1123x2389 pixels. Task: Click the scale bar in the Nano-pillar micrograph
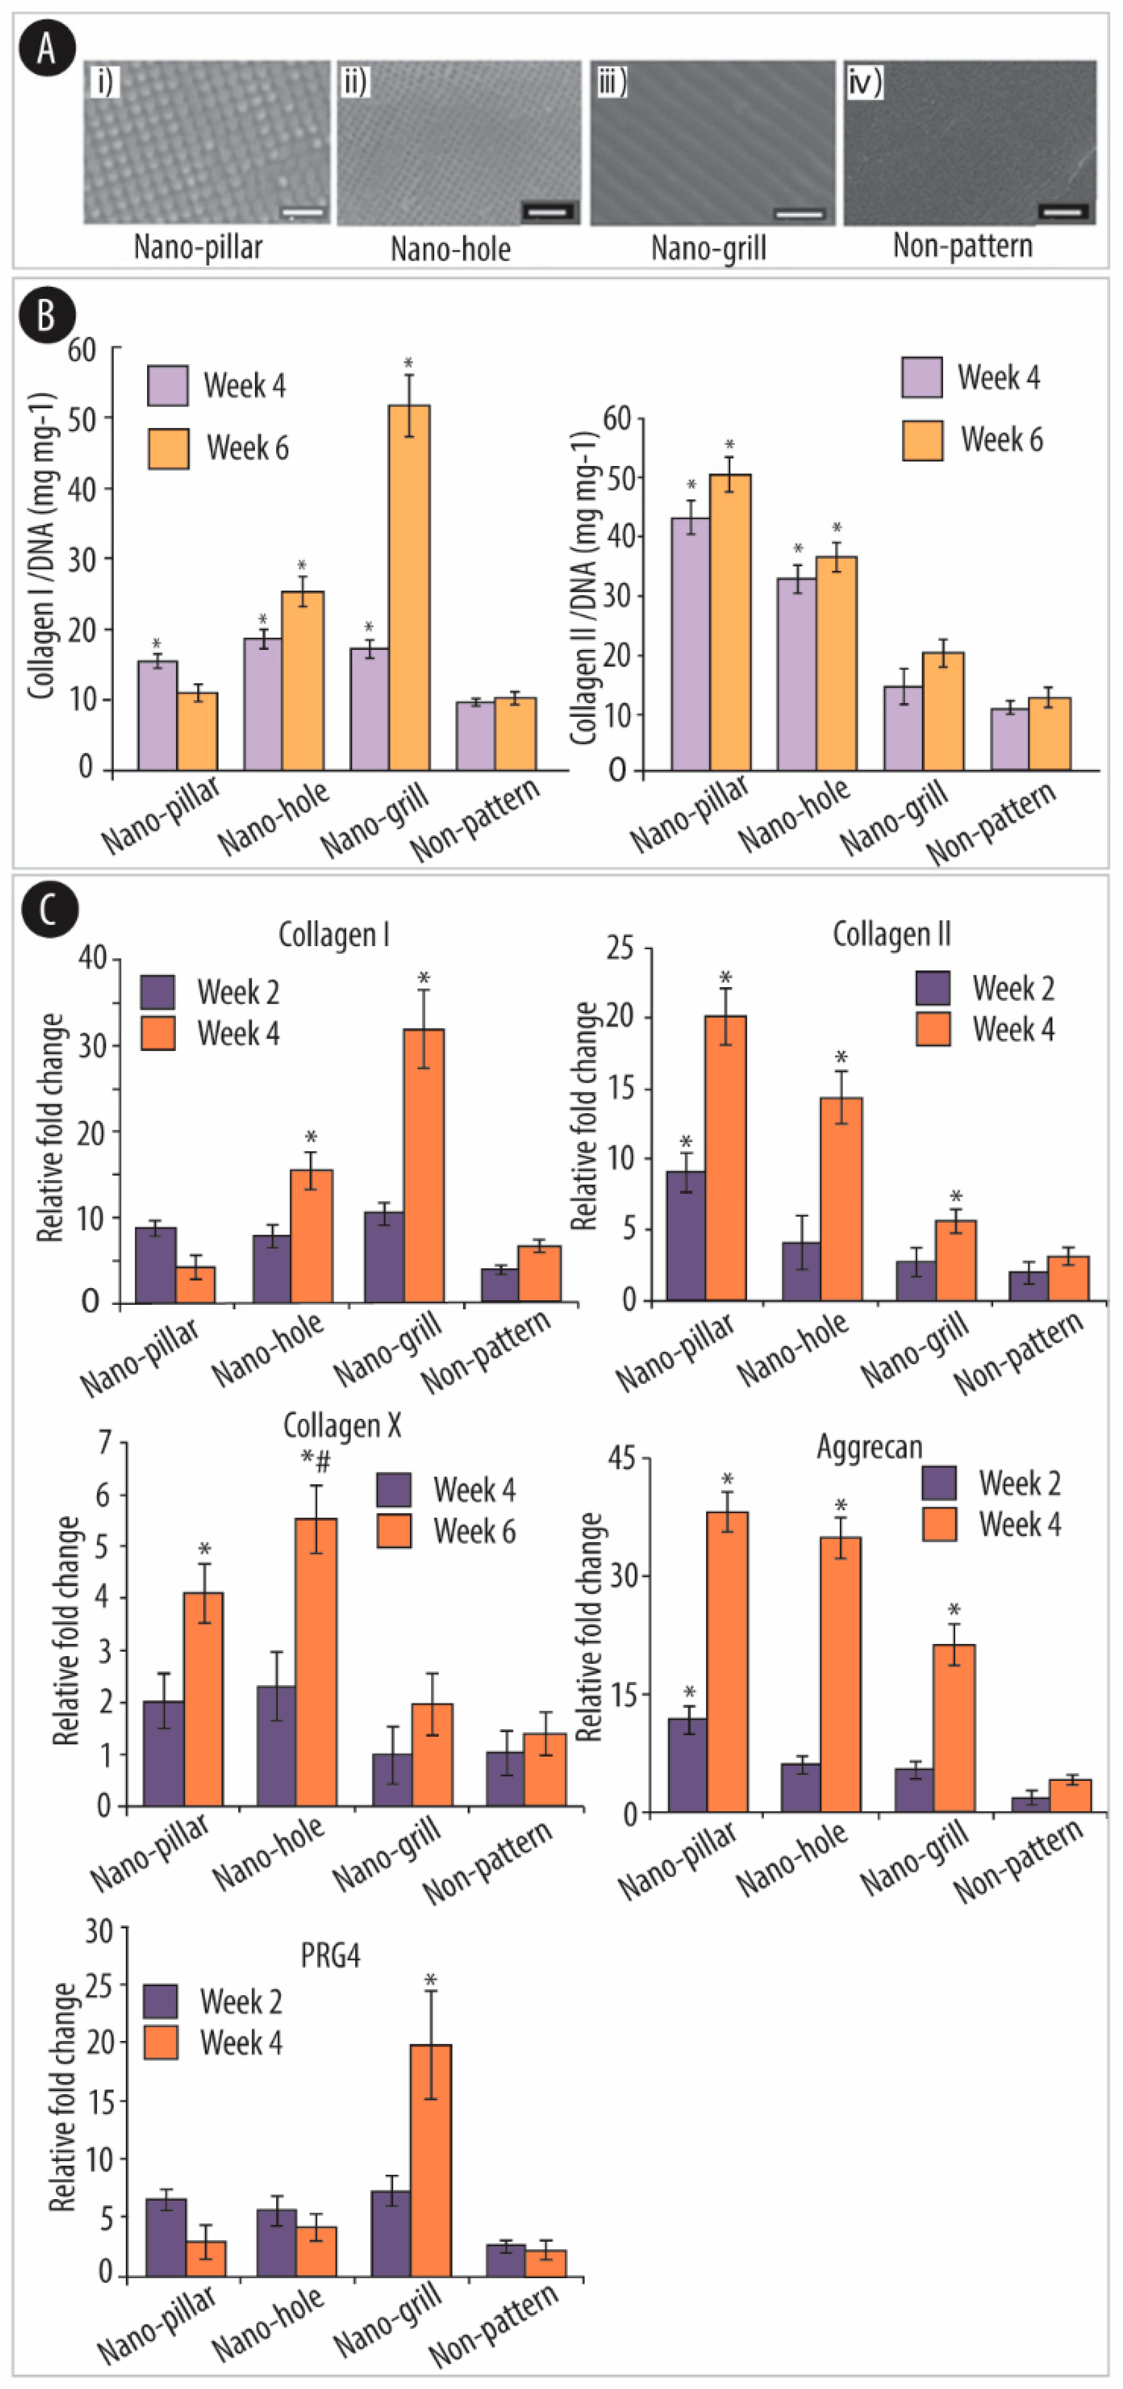click(303, 212)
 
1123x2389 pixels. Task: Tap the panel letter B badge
click(46, 315)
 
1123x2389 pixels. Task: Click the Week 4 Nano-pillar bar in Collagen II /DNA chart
click(691, 644)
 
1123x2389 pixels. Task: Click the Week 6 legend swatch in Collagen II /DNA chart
click(923, 440)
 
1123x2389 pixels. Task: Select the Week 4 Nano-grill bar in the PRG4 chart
click(430, 2160)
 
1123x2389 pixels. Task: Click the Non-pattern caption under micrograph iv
click(963, 246)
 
